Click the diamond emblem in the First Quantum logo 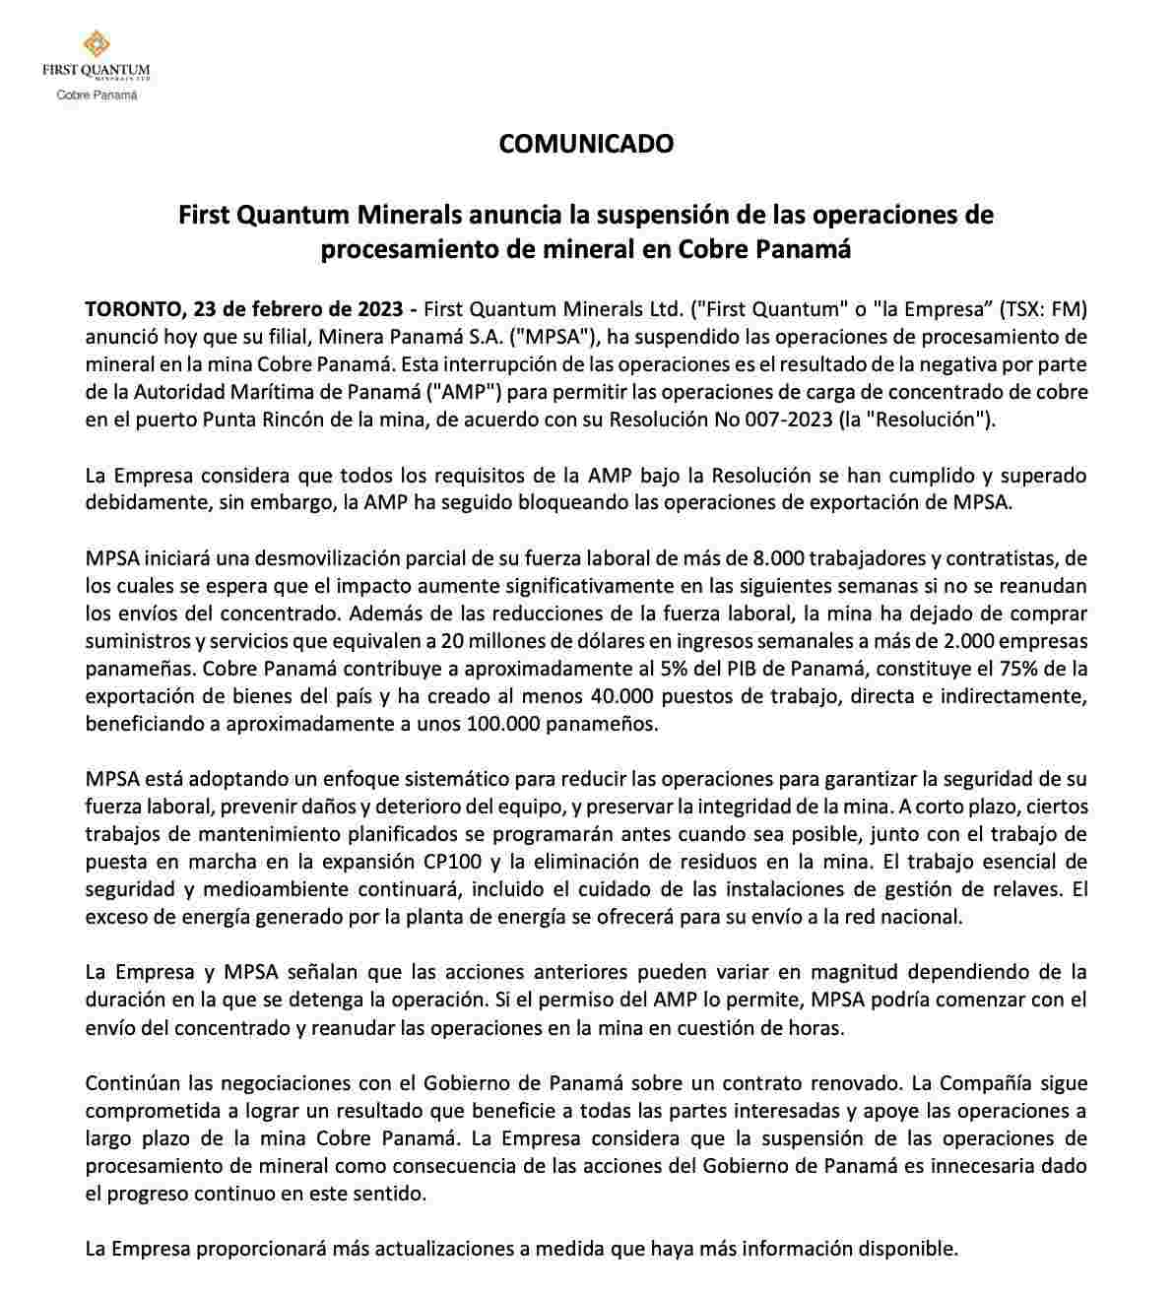(x=96, y=43)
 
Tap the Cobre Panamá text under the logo (x=97, y=96)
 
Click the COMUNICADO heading (x=586, y=144)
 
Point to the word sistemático (x=395, y=779)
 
